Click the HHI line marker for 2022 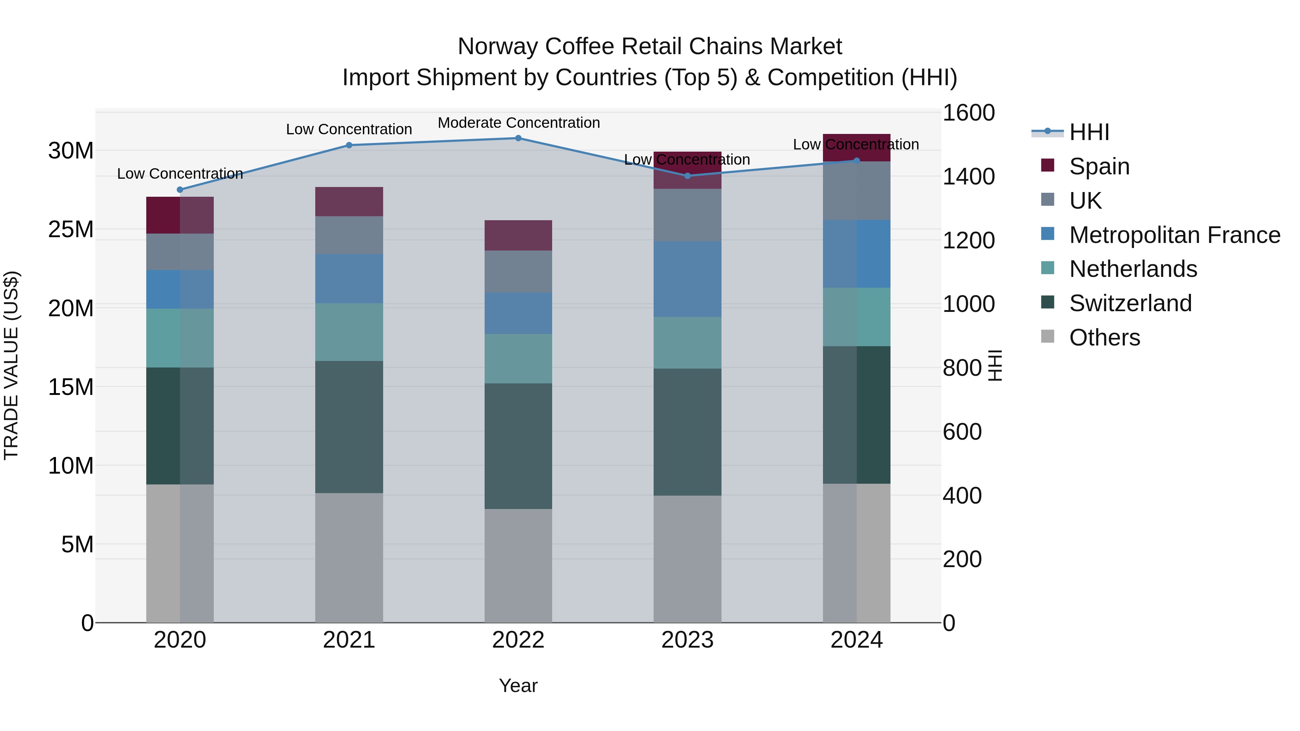click(x=518, y=138)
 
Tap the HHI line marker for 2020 click(x=180, y=190)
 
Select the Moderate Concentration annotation click(x=518, y=123)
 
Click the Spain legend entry click(x=1098, y=166)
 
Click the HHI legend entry click(x=1088, y=132)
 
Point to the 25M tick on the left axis click(x=71, y=230)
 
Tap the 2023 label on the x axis click(x=687, y=640)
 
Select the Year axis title click(x=518, y=686)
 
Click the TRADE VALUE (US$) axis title click(x=11, y=365)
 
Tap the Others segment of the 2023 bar click(x=687, y=558)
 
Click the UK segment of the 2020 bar click(x=180, y=252)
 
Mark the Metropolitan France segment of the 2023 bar click(x=687, y=279)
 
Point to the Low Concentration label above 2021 click(x=349, y=129)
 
